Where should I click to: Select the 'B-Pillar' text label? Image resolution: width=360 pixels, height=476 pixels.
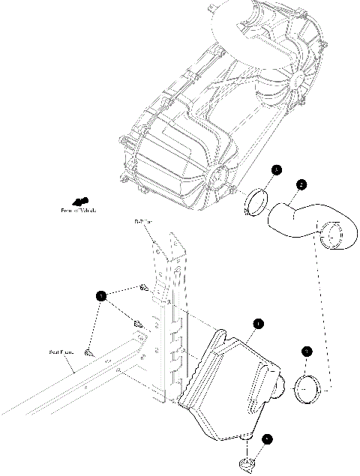[143, 222]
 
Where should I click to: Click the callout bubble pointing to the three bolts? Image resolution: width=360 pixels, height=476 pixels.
[101, 296]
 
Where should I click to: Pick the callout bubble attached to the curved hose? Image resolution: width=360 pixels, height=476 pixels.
[301, 184]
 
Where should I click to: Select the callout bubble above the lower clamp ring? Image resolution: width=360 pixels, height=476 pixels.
[307, 350]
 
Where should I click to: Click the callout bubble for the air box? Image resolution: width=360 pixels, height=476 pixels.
[257, 324]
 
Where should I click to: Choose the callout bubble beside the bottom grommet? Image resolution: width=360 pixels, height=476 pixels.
[268, 441]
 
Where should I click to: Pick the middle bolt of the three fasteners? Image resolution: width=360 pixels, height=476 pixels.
[137, 324]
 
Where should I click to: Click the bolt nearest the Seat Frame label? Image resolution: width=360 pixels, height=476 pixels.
[88, 351]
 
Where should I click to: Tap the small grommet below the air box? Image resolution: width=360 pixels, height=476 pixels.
[248, 465]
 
